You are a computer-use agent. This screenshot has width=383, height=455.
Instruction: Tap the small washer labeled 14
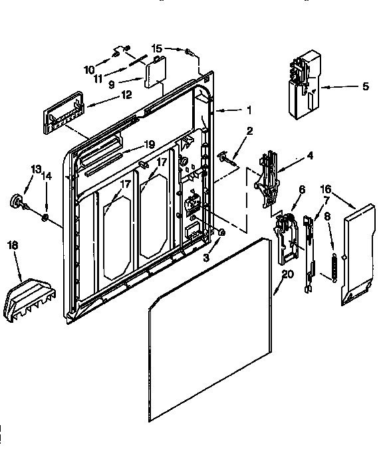coord(45,217)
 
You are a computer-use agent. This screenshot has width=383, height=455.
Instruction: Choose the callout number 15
coord(157,48)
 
